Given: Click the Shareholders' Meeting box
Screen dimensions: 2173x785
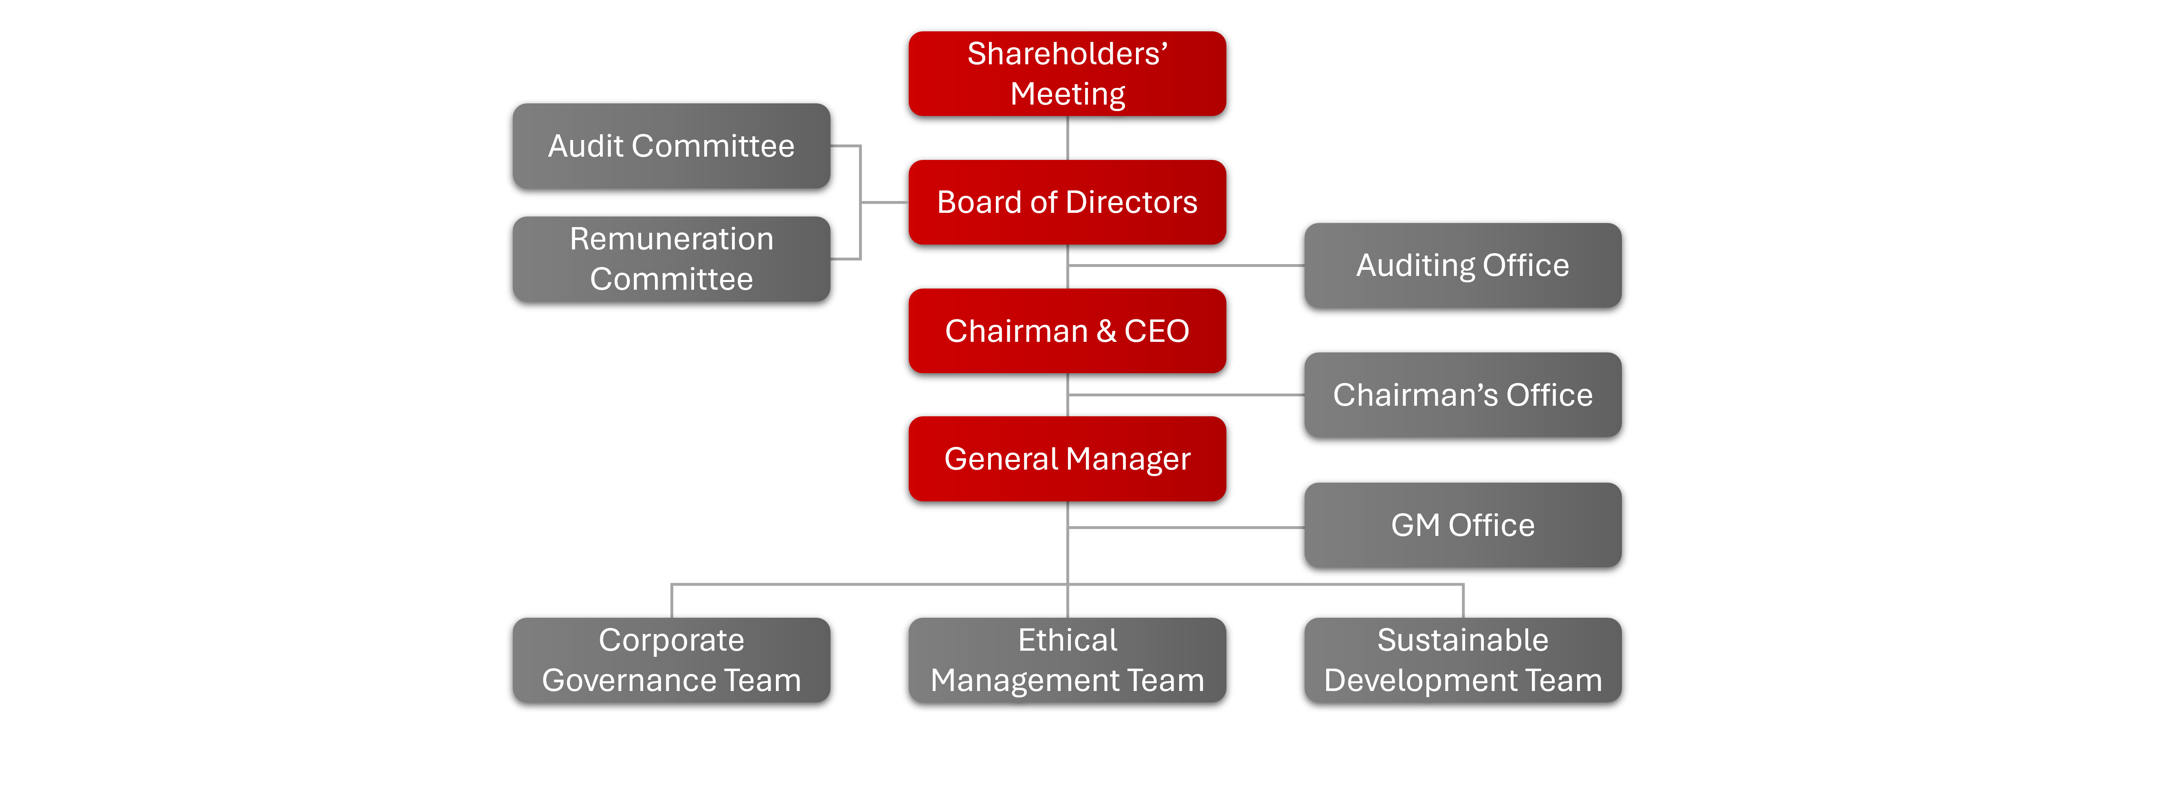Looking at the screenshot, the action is coord(1067,73).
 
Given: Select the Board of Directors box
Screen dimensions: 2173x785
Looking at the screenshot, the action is coord(1067,202).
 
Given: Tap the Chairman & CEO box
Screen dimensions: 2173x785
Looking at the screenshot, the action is coord(1067,330).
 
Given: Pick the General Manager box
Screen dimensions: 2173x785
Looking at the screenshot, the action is coord(1067,459).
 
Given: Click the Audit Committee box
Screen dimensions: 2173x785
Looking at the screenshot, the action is coord(672,146).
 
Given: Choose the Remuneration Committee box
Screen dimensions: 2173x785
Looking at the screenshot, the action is coord(672,259).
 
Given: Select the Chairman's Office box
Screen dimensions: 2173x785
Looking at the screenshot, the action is coord(1463,395).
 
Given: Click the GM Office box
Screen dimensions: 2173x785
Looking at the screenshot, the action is coord(1463,525).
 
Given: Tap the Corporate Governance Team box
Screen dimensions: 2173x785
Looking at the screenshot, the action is coord(672,660).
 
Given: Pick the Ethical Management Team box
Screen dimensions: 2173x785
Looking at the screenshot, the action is coord(1067,660).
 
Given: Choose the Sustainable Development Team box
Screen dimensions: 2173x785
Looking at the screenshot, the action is coord(1463,660).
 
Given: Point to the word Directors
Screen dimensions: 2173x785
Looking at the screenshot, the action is coord(1132,202).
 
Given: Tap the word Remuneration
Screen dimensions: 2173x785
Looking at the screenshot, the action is coord(672,238).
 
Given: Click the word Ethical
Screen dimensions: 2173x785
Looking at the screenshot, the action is coord(1067,640).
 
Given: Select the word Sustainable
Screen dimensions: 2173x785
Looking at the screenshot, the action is coord(1463,640).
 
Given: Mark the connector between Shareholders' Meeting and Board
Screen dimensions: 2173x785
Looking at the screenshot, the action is coord(1068,138).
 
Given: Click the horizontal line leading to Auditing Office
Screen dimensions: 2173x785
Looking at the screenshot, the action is coord(1186,266).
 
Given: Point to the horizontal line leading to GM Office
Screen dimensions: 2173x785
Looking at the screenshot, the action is coord(1186,528).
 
